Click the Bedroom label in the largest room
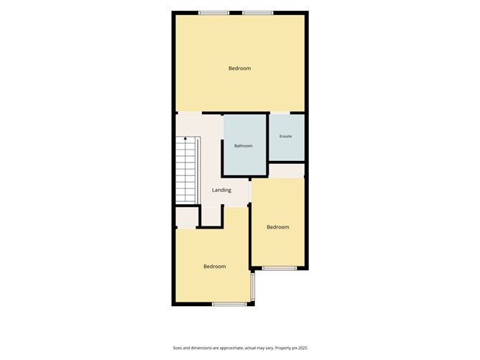240,68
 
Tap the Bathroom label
244,146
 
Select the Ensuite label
285,137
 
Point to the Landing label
221,190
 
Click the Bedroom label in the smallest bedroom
278,227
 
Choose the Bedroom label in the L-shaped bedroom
215,267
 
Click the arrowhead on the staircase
185,139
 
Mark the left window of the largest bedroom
213,13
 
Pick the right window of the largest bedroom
258,13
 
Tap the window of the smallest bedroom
280,268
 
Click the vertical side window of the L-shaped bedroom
252,287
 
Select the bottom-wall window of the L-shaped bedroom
230,304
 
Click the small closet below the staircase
187,218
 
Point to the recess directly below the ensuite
287,170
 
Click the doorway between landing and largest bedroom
190,113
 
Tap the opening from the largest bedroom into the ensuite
280,113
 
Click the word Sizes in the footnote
177,348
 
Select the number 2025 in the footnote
303,348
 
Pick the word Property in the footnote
282,348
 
